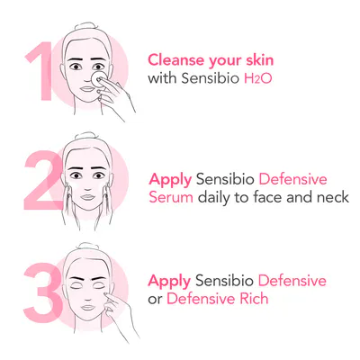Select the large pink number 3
pos(43,289)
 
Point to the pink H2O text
pos(258,78)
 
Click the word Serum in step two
pos(171,197)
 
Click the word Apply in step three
pos(169,282)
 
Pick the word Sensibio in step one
pos(211,78)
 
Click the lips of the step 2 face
pos(87,197)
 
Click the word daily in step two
pos(214,198)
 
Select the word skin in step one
pos(260,59)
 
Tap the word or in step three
pos(155,300)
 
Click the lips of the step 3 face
pos(88,308)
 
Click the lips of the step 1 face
pos(87,89)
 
